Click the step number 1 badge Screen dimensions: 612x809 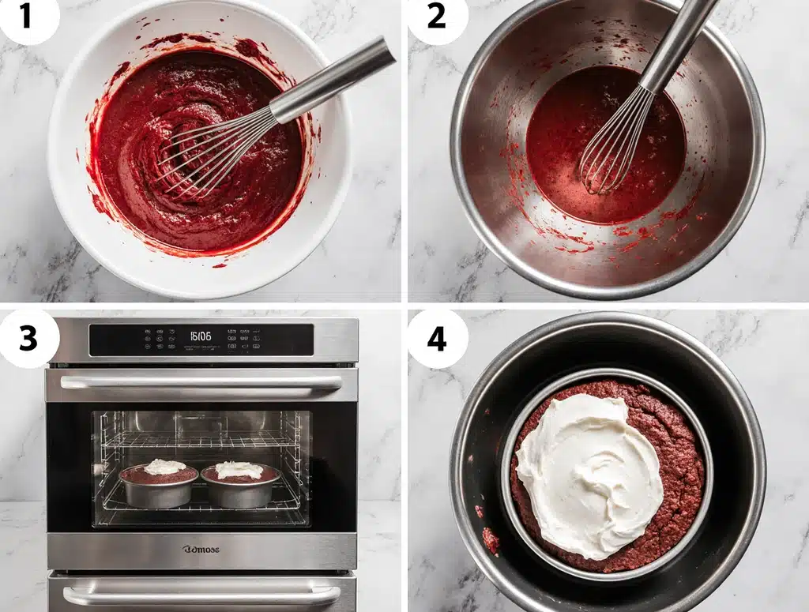click(27, 17)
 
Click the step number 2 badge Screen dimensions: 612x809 click(436, 17)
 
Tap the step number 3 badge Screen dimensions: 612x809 click(28, 338)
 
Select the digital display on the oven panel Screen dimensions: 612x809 click(201, 336)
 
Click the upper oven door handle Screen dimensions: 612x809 click(201, 382)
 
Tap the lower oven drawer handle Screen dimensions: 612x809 click(201, 594)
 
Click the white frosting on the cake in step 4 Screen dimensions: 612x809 click(589, 474)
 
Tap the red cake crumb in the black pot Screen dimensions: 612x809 click(491, 540)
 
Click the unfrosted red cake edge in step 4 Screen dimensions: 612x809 click(679, 474)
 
